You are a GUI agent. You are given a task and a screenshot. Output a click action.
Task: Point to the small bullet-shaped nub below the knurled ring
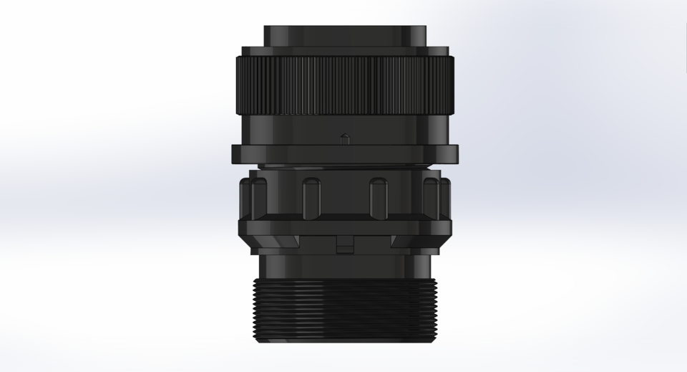pos(343,138)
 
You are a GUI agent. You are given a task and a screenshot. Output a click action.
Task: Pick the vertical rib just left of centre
pos(311,198)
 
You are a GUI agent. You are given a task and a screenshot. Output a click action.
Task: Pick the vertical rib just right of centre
pos(377,198)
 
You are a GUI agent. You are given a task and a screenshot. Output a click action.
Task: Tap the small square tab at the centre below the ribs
pos(344,246)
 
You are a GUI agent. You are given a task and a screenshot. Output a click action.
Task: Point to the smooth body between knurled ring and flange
pos(301,129)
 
